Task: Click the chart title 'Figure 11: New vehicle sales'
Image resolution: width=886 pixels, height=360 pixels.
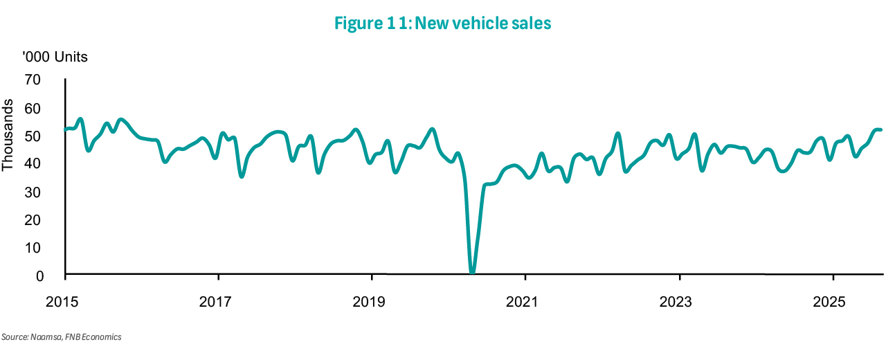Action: [x=442, y=24]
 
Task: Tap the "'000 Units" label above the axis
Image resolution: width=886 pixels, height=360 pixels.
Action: [x=55, y=57]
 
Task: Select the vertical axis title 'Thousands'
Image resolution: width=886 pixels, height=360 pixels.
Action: [x=8, y=136]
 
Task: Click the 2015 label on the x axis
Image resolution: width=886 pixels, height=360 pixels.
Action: [x=65, y=301]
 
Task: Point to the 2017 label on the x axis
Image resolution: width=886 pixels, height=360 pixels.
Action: [x=219, y=301]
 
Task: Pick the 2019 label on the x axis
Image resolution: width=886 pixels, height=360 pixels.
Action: [x=372, y=301]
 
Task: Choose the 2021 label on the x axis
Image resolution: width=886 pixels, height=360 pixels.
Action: [x=526, y=301]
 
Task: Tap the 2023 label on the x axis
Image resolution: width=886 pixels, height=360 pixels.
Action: [x=680, y=301]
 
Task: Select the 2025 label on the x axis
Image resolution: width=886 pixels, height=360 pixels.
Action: [x=833, y=301]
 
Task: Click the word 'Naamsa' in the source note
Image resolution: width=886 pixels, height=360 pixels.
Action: [x=41, y=337]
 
